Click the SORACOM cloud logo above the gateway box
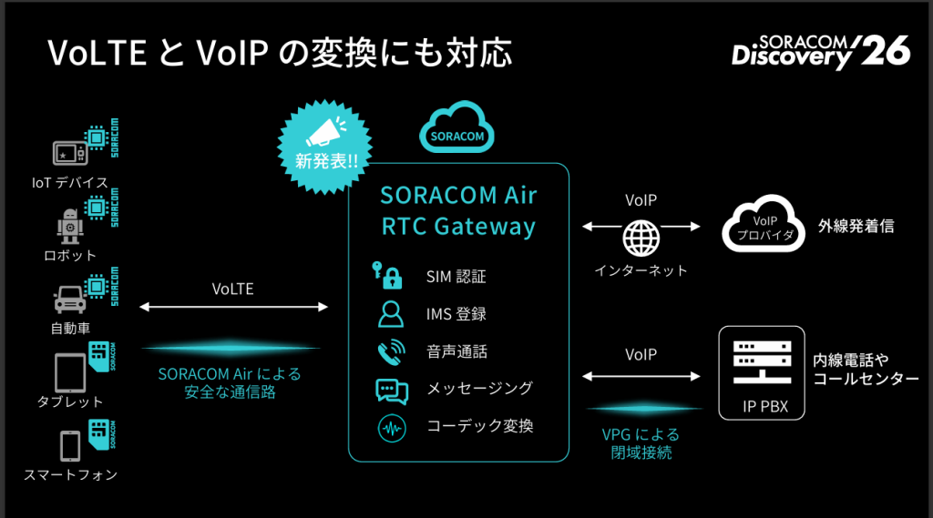pos(456,127)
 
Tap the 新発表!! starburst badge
pos(325,147)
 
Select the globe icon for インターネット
pos(641,238)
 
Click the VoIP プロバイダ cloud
pos(764,225)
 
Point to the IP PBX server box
pos(762,373)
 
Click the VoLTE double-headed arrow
pos(233,307)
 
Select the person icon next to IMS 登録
pos(390,314)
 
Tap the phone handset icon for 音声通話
pos(392,352)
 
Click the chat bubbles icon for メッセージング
pos(392,391)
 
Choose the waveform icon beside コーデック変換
pos(392,428)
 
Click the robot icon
pos(70,226)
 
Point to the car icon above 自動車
pos(70,300)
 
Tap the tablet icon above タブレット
pos(70,373)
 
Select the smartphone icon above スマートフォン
pos(70,446)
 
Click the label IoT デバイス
pos(70,183)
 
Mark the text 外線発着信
pos(856,226)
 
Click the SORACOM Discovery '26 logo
pos(821,52)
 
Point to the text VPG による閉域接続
pos(641,443)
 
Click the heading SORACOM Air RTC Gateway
pos(458,210)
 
